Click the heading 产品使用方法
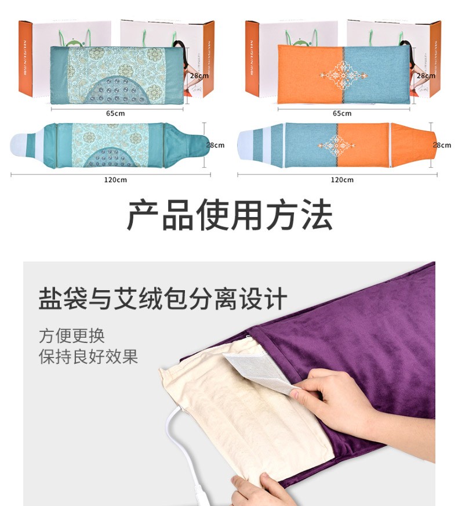(229, 216)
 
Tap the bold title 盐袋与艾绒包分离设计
(162, 299)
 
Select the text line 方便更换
(72, 335)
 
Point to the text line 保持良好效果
(89, 356)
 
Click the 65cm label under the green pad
(115, 113)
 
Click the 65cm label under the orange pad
(342, 113)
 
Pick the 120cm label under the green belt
(115, 179)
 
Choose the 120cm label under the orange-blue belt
(342, 179)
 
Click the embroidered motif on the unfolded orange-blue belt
(337, 146)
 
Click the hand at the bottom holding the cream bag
(261, 490)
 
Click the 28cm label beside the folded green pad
(199, 75)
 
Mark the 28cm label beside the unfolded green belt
(215, 144)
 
